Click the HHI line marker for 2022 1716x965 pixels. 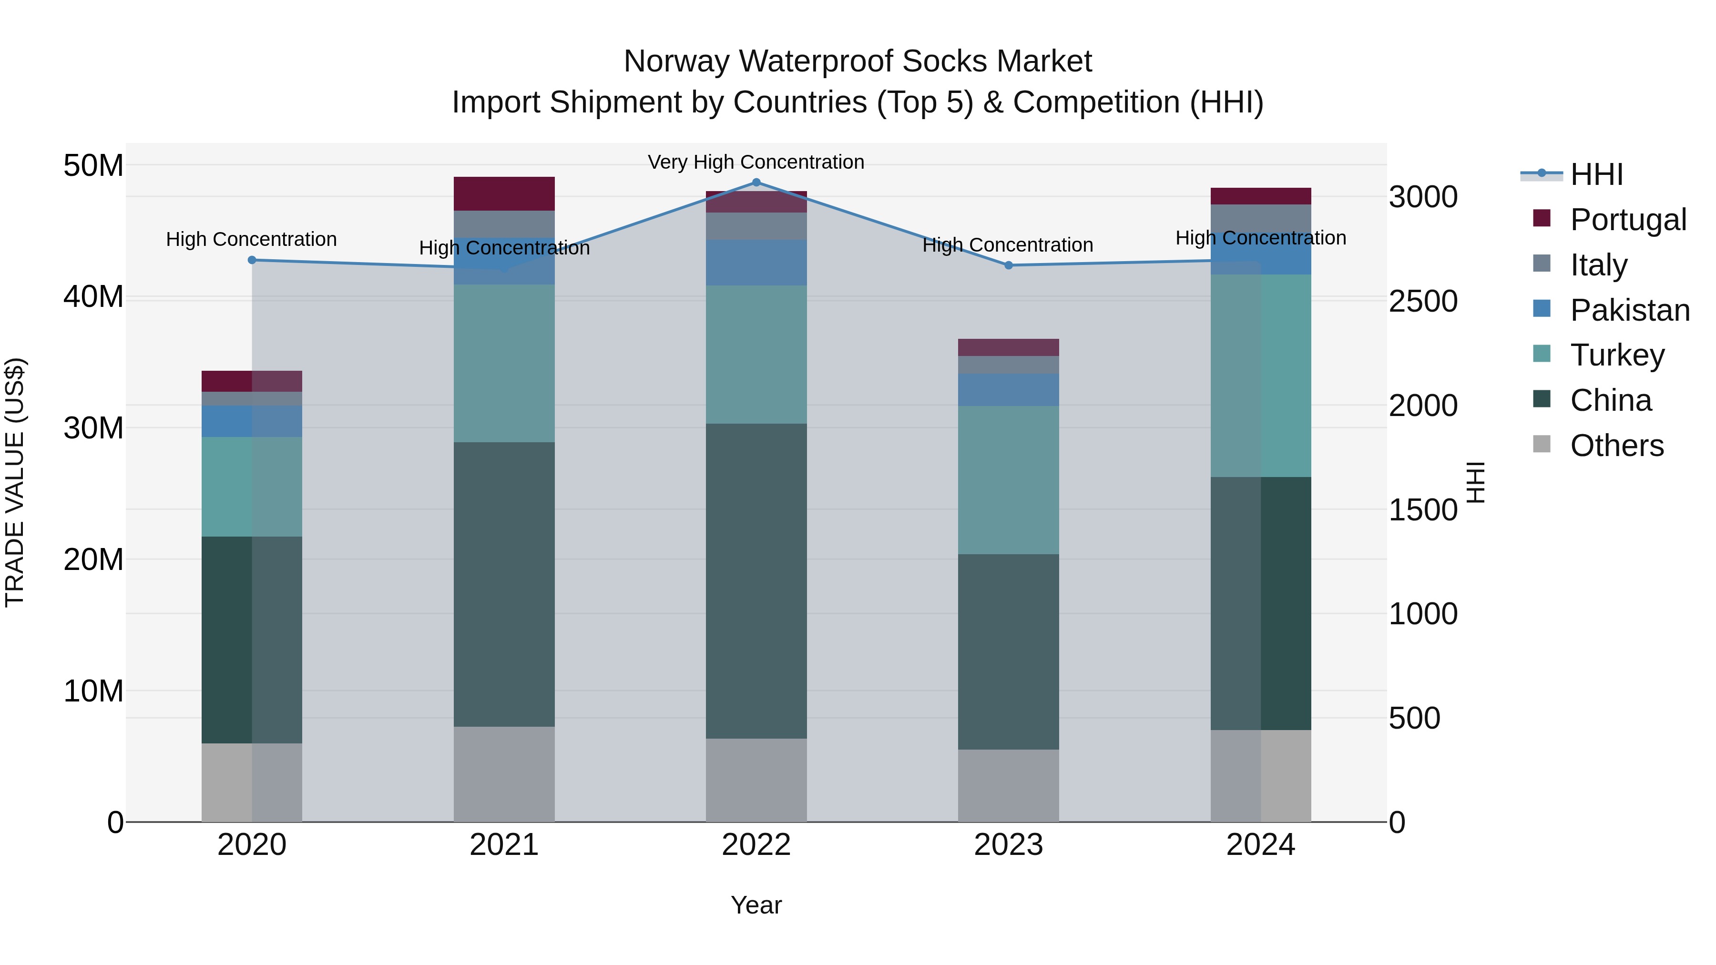point(756,183)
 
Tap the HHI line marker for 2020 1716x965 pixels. point(252,260)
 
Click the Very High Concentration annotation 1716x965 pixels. point(756,162)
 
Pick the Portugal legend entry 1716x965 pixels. point(1627,220)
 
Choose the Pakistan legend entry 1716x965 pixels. point(1629,310)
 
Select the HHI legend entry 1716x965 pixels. point(1596,174)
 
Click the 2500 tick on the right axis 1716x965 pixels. point(1423,302)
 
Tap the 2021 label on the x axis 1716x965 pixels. point(504,845)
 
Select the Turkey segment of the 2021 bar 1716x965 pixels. point(504,363)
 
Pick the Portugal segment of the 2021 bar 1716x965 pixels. point(504,194)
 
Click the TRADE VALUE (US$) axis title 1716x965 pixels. point(15,482)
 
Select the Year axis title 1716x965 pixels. point(756,905)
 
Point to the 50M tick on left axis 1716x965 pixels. point(93,165)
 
